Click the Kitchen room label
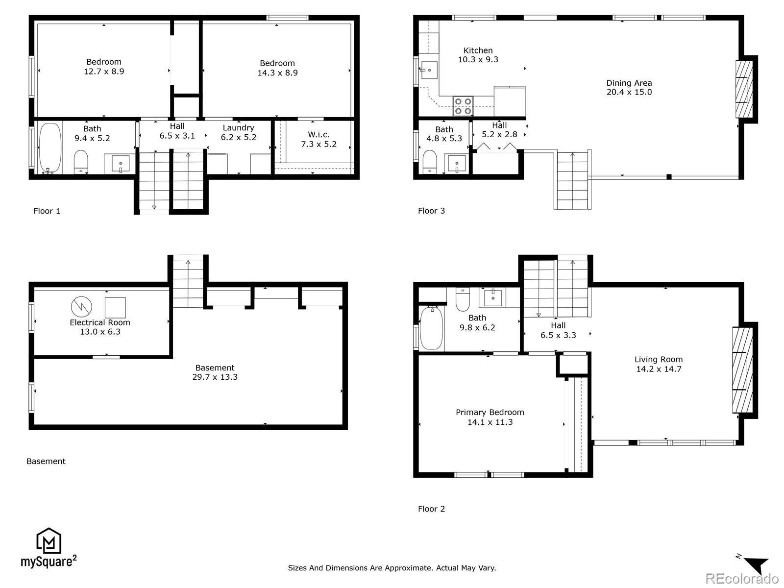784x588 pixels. point(478,50)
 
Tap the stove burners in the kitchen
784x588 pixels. point(463,106)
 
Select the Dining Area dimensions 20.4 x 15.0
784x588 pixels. point(629,92)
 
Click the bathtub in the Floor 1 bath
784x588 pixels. point(49,147)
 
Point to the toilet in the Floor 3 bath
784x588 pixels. point(430,161)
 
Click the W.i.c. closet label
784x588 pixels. point(318,135)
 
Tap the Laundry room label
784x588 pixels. point(238,128)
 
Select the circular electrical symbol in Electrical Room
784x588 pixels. point(81,307)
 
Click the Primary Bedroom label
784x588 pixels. point(490,413)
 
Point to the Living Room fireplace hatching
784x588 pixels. point(742,370)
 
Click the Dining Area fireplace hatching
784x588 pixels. point(744,89)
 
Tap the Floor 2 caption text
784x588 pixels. point(431,509)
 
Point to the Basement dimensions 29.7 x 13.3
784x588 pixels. point(215,377)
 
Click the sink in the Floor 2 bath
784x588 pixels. point(492,297)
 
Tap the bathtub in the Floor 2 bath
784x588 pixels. point(432,327)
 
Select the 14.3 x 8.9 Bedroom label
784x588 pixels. point(277,68)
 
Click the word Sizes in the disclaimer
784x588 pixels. point(297,568)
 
